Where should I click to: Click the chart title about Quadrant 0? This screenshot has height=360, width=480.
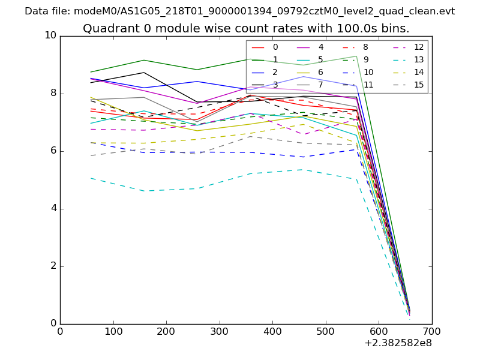click(x=246, y=28)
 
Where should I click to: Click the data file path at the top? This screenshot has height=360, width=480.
click(x=239, y=11)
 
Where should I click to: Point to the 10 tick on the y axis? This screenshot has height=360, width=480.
click(x=50, y=35)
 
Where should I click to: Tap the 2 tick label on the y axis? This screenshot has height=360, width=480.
click(x=53, y=266)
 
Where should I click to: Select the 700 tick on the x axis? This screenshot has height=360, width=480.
click(x=432, y=331)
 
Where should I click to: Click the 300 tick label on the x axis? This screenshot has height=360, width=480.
click(x=220, y=331)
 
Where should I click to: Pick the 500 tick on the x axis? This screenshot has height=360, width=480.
click(x=326, y=331)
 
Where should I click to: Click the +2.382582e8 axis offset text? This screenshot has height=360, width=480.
click(x=398, y=343)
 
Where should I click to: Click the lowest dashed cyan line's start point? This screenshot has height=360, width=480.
click(x=91, y=178)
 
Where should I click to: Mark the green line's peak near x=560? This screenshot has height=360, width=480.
click(x=356, y=56)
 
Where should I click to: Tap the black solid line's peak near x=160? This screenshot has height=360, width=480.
click(x=143, y=73)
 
